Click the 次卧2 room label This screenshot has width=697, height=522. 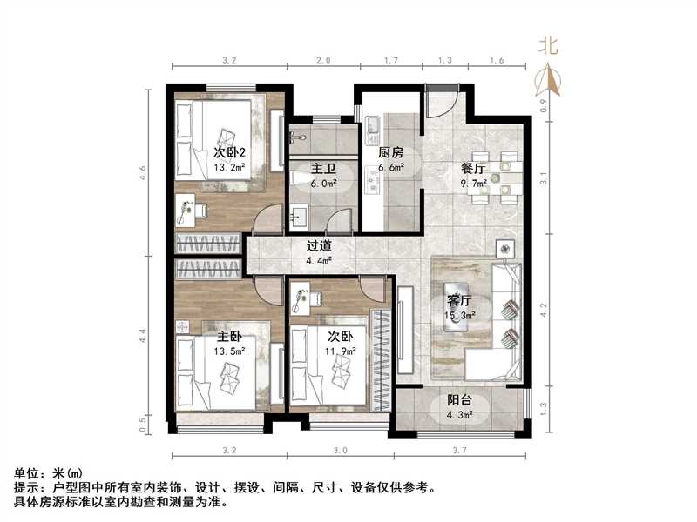tap(230, 152)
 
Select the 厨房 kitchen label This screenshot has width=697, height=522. tap(389, 152)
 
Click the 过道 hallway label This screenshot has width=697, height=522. tap(317, 246)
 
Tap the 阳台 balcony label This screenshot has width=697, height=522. tap(460, 401)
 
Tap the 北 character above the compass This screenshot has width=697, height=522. tap(549, 44)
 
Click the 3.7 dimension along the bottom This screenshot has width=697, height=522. tap(460, 451)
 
